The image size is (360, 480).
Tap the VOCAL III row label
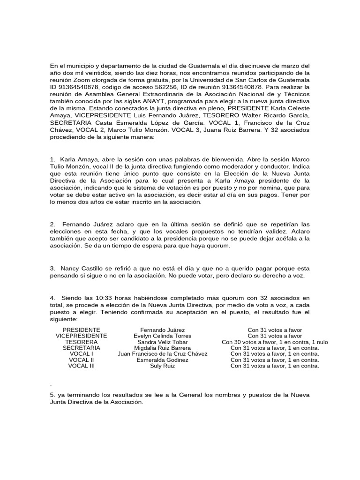(x=81, y=366)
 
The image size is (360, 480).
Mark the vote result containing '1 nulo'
(x=275, y=342)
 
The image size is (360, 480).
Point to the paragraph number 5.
(x=51, y=395)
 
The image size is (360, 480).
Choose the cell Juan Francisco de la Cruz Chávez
(x=162, y=354)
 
